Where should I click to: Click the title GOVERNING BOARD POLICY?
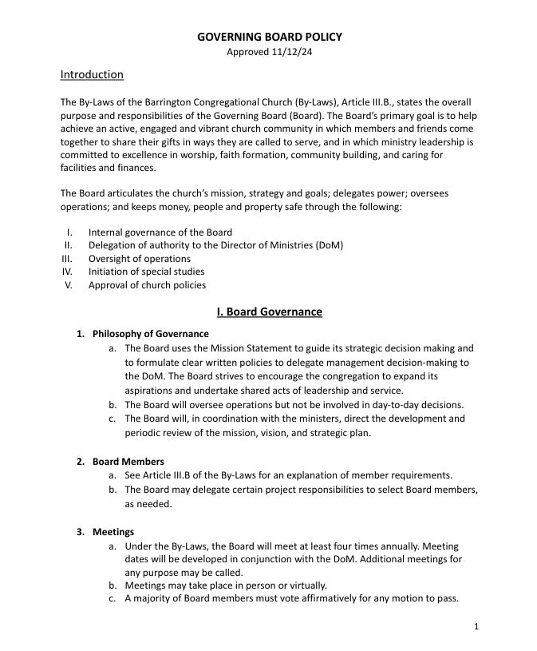pyautogui.click(x=270, y=37)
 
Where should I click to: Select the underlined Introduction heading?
pyautogui.click(x=92, y=75)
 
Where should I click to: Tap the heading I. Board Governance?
pyautogui.click(x=269, y=312)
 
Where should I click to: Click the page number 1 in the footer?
pyautogui.click(x=476, y=626)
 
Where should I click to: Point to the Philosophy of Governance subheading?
pyautogui.click(x=150, y=334)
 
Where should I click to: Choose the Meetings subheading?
pyautogui.click(x=113, y=532)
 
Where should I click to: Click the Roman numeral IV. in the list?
pyautogui.click(x=68, y=272)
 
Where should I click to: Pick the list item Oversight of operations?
pyautogui.click(x=140, y=259)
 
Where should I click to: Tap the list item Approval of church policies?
pyautogui.click(x=147, y=285)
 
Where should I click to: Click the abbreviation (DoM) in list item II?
pyautogui.click(x=329, y=245)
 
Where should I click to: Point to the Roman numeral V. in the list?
pyautogui.click(x=69, y=285)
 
